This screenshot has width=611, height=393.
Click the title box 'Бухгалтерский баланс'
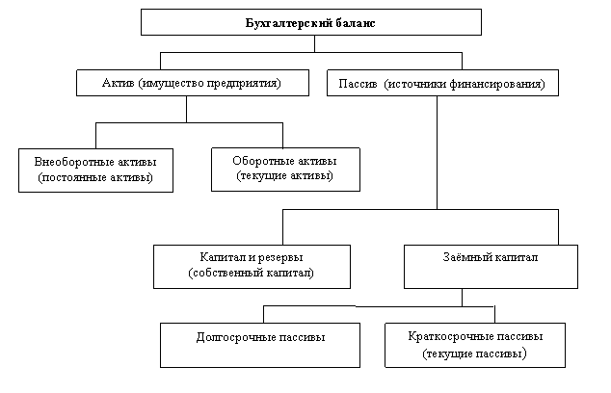(x=311, y=22)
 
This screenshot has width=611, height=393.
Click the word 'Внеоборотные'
(x=71, y=162)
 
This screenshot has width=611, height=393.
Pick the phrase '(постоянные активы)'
(x=95, y=177)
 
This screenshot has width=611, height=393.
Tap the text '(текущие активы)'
(x=285, y=175)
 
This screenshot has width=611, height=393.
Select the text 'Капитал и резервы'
(x=252, y=257)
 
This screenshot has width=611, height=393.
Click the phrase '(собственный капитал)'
(x=252, y=273)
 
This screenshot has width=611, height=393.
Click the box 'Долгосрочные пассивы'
(x=260, y=345)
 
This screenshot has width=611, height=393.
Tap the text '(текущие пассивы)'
(x=474, y=354)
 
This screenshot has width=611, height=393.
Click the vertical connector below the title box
(x=314, y=43)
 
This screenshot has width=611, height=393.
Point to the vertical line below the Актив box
(x=186, y=109)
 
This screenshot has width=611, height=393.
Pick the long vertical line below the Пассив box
(x=437, y=153)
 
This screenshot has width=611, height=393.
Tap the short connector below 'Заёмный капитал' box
(x=463, y=298)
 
